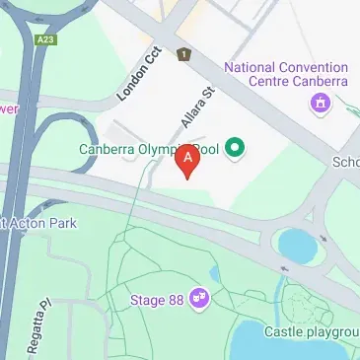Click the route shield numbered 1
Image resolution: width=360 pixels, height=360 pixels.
182,54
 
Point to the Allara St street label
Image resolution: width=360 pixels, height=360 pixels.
197,109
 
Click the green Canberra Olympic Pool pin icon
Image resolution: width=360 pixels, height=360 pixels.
235,149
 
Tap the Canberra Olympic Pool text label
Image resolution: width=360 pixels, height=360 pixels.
148,150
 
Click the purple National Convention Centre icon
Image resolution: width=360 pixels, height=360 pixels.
319,103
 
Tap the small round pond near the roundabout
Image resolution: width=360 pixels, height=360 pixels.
295,242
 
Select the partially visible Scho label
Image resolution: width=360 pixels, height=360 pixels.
346,162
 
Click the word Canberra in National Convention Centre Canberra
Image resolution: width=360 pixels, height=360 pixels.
318,85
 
